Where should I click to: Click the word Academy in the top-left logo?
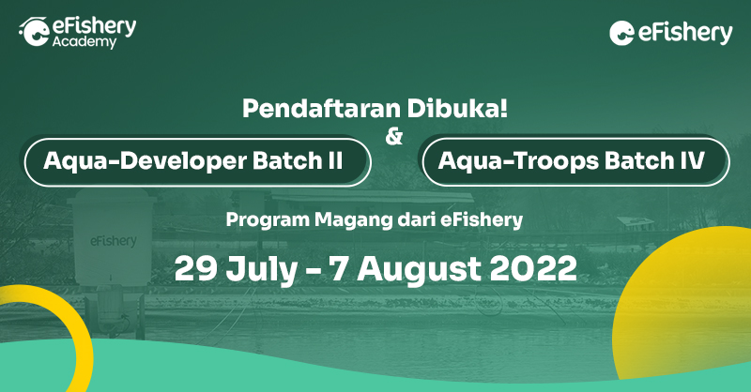click(85, 43)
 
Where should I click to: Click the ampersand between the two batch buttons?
click(394, 137)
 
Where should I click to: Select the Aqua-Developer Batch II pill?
click(198, 161)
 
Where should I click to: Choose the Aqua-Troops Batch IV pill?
click(575, 160)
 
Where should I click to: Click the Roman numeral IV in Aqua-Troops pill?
click(690, 160)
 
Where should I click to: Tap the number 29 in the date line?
click(194, 268)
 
